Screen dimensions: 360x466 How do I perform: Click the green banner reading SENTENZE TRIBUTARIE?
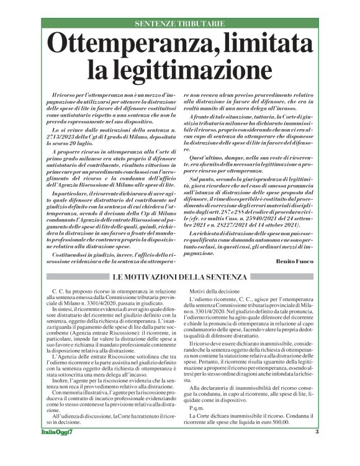click(179, 24)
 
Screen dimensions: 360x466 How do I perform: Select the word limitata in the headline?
click(269, 45)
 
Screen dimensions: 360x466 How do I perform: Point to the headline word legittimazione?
click(179, 67)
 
